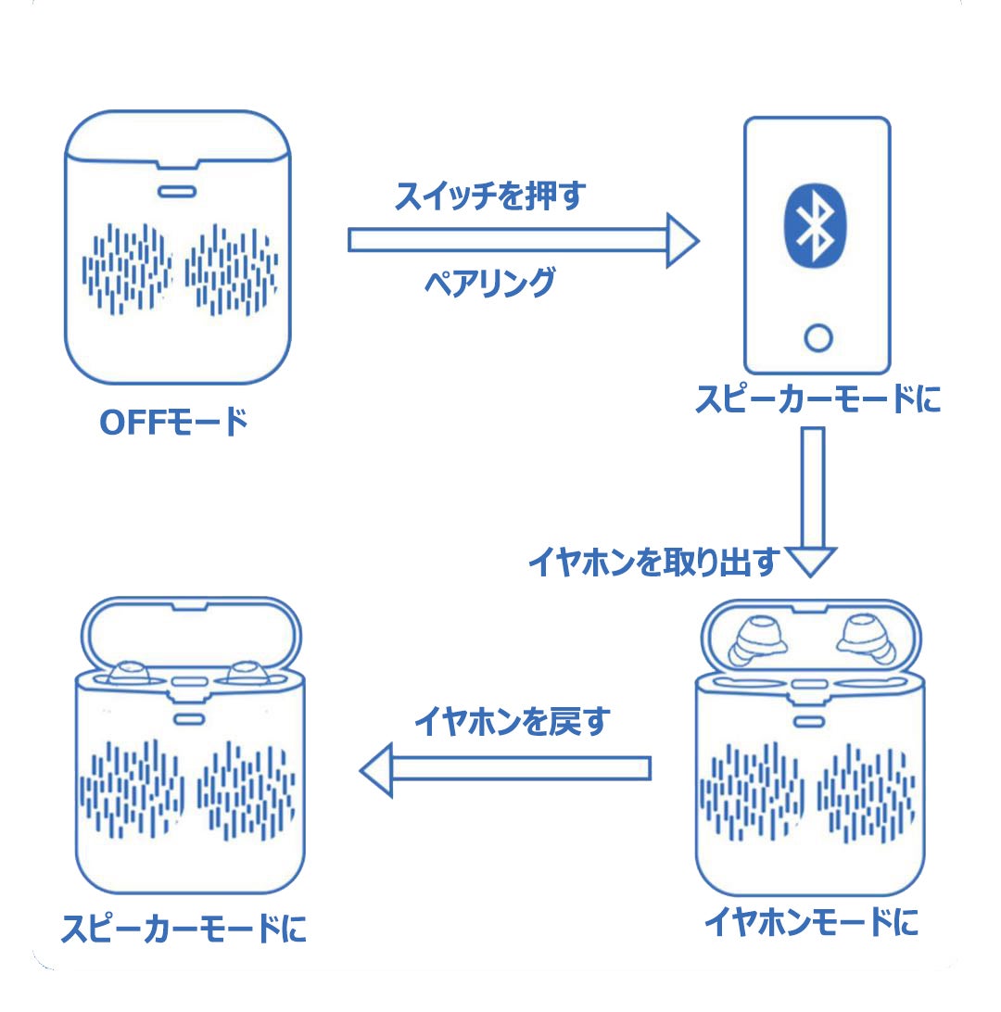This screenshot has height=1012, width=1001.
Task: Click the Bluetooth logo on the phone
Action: [x=815, y=226]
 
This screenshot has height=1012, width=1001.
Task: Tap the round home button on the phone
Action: [x=818, y=337]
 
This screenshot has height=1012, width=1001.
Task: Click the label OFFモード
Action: [x=173, y=423]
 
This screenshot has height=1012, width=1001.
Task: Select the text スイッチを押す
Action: [x=490, y=196]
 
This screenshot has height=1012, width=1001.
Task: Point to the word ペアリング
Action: [x=490, y=283]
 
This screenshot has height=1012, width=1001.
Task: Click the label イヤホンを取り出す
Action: [x=654, y=562]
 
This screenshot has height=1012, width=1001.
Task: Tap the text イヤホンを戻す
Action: [x=513, y=721]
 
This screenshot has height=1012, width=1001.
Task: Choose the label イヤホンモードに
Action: [x=811, y=921]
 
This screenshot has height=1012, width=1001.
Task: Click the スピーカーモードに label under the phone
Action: [x=817, y=398]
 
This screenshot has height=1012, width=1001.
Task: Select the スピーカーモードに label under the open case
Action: [x=184, y=929]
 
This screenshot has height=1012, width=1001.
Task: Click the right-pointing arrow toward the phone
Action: [x=524, y=240]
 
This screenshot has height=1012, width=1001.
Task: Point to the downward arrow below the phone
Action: [x=813, y=501]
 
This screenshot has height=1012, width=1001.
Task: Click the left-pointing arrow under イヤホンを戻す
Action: [x=505, y=769]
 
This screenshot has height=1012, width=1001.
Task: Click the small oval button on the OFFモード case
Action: [x=177, y=192]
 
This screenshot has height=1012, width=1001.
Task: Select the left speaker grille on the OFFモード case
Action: [x=127, y=269]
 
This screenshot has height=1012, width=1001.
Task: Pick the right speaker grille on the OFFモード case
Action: [x=232, y=270]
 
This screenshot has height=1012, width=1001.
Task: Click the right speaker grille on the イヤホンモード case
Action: [x=866, y=793]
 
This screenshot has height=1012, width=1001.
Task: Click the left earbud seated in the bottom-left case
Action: [x=129, y=673]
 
